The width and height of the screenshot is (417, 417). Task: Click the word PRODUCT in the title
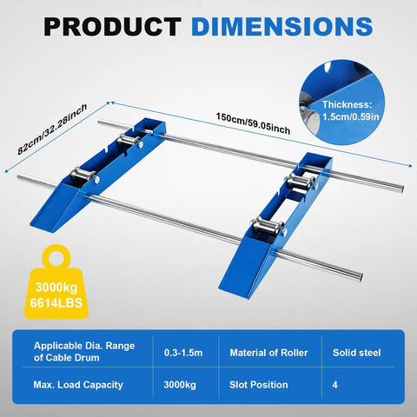(x=112, y=27)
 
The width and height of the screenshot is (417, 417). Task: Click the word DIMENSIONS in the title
(x=282, y=27)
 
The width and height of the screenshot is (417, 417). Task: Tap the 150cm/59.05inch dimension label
(x=253, y=123)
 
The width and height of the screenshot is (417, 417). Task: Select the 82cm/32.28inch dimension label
(x=52, y=129)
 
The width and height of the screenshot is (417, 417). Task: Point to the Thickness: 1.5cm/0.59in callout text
(x=351, y=110)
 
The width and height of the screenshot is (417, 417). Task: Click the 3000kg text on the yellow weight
(x=56, y=288)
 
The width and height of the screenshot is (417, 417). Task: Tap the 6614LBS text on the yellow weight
(x=56, y=303)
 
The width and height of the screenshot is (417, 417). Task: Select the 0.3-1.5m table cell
(x=183, y=353)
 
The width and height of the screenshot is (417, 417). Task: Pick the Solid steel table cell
(x=357, y=353)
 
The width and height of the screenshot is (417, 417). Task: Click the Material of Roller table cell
(x=268, y=353)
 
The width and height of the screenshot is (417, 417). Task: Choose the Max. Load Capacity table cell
(x=78, y=385)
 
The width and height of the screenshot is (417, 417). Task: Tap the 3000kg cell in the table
(x=180, y=385)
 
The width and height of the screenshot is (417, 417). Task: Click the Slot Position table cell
(x=259, y=385)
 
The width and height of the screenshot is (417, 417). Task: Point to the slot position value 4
(x=335, y=385)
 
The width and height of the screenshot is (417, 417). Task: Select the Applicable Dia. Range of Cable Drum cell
(x=84, y=352)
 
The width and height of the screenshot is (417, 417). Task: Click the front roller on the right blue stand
(x=267, y=227)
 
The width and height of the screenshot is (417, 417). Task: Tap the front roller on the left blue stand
(x=83, y=175)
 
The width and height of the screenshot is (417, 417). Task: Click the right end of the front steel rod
(x=360, y=275)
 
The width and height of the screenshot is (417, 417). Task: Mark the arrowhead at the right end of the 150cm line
(x=411, y=166)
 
